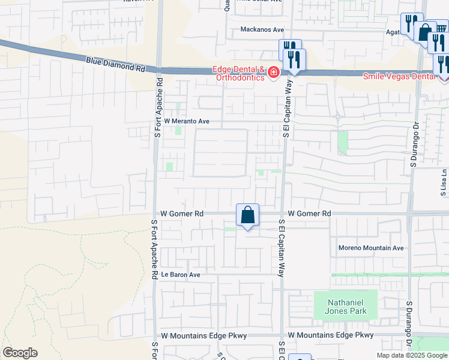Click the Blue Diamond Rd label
[116, 64]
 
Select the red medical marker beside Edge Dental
[273, 73]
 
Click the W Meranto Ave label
[187, 121]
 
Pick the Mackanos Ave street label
[261, 29]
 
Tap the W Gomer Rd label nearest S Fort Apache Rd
[182, 214]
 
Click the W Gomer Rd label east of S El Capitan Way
[309, 214]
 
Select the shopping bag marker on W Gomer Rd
[247, 214]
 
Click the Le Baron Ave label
[181, 275]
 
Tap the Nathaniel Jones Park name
[346, 306]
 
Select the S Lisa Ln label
[444, 182]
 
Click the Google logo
[20, 353]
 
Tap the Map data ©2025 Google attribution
[412, 355]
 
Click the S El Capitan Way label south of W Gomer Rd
[280, 247]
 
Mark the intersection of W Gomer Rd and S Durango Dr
[409, 214]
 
